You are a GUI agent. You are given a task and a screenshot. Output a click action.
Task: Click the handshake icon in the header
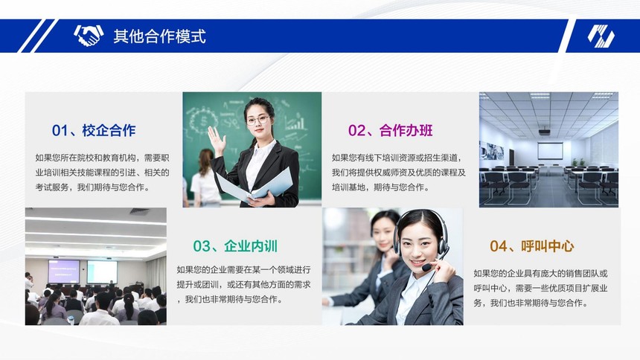tap(89, 35)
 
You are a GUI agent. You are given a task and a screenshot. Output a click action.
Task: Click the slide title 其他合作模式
tap(159, 36)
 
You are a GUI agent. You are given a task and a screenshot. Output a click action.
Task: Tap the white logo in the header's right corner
tap(601, 36)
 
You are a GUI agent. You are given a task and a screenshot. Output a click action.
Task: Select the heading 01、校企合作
tap(94, 131)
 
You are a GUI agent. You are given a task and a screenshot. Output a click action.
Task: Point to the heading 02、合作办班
tap(390, 131)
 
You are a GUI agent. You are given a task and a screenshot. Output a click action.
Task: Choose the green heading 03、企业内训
tap(235, 246)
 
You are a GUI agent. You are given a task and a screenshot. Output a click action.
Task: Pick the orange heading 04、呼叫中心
tap(532, 246)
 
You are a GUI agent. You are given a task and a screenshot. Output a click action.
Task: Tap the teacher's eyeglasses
tap(258, 120)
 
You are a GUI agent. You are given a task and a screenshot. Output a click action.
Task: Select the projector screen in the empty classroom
tap(550, 150)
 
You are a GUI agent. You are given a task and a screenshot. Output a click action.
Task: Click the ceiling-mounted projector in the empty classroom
tap(545, 131)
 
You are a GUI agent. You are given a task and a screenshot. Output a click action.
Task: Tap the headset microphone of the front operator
tap(426, 268)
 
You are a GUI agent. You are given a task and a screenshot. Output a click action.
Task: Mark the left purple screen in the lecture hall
tap(64, 271)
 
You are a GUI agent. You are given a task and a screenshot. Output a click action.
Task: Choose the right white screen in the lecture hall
tap(102, 272)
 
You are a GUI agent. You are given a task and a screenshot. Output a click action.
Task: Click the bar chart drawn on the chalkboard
tap(296, 123)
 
